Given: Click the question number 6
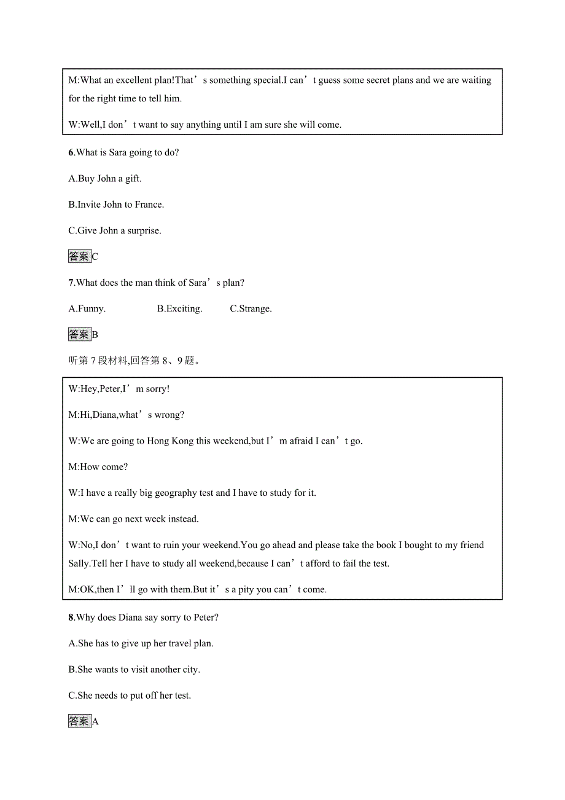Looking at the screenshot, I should [71, 152].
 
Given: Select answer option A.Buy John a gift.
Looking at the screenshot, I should [105, 179].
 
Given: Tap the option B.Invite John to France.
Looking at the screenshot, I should [116, 205].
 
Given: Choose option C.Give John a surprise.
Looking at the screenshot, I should [115, 231].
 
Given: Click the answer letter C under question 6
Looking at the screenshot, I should [95, 257].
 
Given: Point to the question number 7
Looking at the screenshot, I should [71, 283].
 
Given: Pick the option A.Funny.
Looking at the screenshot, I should [87, 309].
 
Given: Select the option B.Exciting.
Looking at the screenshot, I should [179, 309].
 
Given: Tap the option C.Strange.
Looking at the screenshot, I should [251, 309].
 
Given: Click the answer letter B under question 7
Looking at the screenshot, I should [95, 335].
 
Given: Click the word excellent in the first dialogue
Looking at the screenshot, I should [136, 80].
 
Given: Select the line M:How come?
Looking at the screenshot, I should [98, 467].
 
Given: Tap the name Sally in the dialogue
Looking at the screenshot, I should [79, 563].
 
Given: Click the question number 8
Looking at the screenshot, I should [71, 618].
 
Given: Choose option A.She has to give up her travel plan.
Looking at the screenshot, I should [141, 644].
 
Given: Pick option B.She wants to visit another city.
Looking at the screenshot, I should [134, 670].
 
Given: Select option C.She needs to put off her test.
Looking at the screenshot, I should [130, 696].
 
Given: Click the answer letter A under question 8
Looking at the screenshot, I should [95, 722].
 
